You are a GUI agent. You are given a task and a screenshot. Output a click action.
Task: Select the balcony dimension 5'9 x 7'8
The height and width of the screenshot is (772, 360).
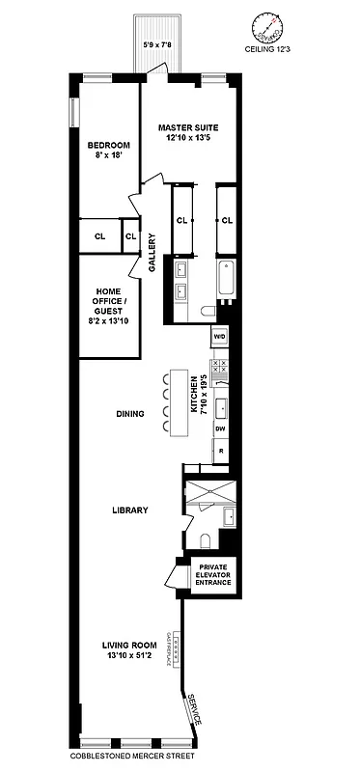[x=158, y=43]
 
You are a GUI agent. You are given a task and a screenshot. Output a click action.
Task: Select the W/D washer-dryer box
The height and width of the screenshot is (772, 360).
[x=219, y=337]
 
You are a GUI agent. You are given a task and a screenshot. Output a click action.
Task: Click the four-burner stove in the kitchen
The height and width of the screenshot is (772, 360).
[x=219, y=366]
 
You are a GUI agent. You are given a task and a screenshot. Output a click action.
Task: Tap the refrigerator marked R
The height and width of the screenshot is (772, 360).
[x=220, y=451]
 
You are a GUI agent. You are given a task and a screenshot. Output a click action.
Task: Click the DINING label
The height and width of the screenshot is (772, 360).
[x=129, y=414]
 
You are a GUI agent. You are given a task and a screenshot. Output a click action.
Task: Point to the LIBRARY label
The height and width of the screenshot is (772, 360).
[x=128, y=510]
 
